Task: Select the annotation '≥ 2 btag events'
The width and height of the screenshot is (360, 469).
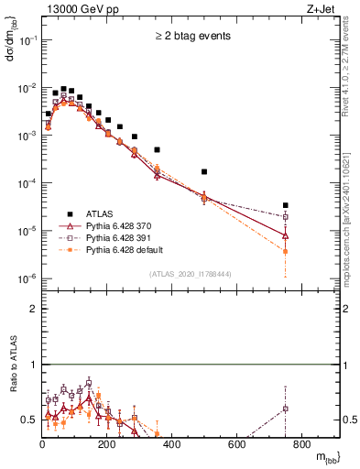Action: [x=191, y=37]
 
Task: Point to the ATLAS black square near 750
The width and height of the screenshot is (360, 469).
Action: [x=286, y=205]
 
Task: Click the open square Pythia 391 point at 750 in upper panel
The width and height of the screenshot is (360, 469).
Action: [x=286, y=217]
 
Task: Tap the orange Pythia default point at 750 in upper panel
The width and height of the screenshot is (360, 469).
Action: [x=286, y=251]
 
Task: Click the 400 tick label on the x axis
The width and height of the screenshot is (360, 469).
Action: [x=172, y=446]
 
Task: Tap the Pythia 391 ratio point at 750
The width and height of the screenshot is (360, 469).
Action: [x=286, y=409]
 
